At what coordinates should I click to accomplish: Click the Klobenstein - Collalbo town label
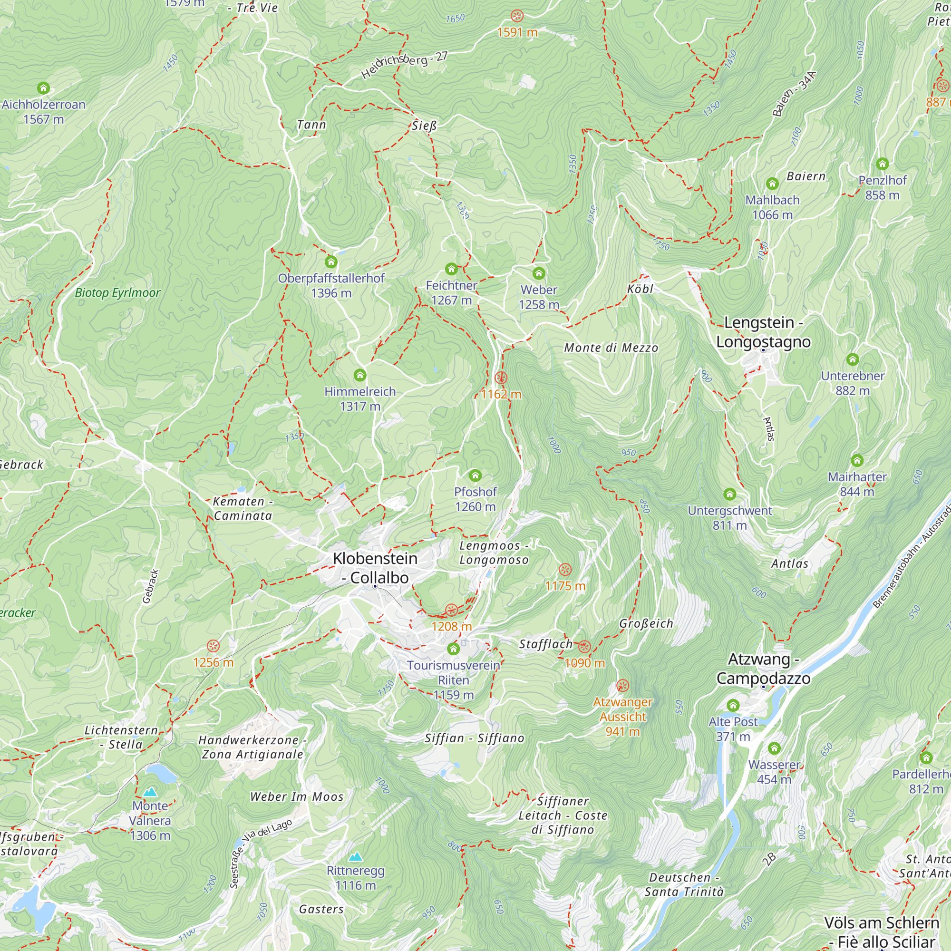click(x=375, y=568)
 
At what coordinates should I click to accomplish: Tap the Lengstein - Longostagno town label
click(x=763, y=332)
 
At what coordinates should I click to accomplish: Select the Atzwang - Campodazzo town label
click(x=763, y=669)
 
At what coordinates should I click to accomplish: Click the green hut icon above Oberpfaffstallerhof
click(x=331, y=262)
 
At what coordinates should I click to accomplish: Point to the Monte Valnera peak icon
click(x=150, y=792)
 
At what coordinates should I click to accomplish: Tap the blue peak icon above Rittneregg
click(x=355, y=857)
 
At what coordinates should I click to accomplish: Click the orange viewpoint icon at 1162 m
click(x=501, y=378)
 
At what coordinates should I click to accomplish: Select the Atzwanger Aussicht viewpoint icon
click(x=622, y=686)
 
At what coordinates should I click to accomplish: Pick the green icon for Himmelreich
click(x=360, y=375)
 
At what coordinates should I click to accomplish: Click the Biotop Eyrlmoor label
click(x=117, y=293)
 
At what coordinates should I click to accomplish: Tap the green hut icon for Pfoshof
click(x=475, y=475)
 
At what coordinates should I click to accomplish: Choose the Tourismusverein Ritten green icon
click(x=453, y=649)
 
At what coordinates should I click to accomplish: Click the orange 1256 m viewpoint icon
click(x=213, y=646)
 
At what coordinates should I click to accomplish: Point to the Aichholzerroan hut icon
click(x=43, y=88)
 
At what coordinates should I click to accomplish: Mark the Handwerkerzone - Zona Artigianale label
click(x=252, y=747)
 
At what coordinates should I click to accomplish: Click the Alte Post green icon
click(x=733, y=705)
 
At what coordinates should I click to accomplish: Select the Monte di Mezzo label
click(x=611, y=348)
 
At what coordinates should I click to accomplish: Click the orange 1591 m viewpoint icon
click(x=517, y=16)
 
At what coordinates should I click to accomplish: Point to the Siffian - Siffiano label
click(x=475, y=738)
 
